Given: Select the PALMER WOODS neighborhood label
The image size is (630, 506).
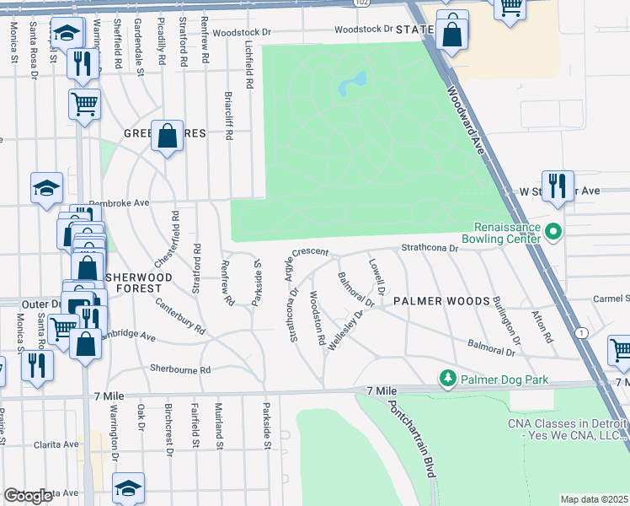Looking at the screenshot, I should coord(441,301).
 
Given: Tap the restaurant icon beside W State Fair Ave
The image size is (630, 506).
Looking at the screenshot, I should coord(557,186).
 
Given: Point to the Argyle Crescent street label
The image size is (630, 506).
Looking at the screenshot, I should coord(323,253).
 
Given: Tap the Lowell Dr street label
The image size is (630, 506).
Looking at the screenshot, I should coord(376,277).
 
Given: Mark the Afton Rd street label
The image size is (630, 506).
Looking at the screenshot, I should coord(542,326).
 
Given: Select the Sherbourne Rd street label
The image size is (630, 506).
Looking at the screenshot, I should coord(179,369).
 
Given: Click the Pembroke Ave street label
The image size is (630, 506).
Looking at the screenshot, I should coord(120,203).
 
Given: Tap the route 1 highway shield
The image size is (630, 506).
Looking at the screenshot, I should coord(582,333).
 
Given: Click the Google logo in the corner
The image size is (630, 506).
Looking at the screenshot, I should coord(29,496).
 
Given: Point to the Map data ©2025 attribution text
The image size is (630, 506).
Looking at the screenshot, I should coord(594,499).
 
